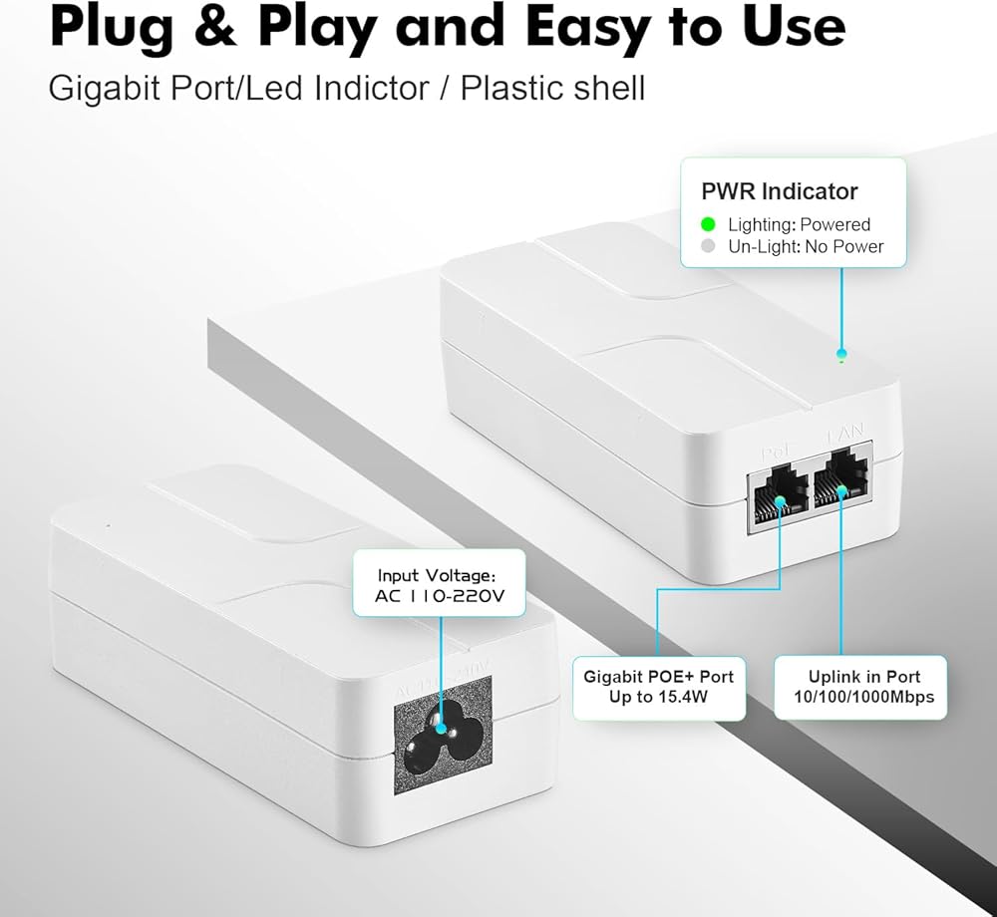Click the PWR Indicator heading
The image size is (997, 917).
pos(779,191)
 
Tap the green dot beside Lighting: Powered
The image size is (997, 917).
pos(709,224)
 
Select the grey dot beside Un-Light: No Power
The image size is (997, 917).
pos(709,246)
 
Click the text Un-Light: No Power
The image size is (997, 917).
pos(805,246)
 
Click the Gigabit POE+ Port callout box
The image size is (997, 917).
pos(658,686)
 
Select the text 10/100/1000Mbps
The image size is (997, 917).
pos(863,697)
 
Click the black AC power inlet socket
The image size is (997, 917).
pos(443,736)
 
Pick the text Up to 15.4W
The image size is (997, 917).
pos(658,697)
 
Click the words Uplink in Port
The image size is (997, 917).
pos(863,676)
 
